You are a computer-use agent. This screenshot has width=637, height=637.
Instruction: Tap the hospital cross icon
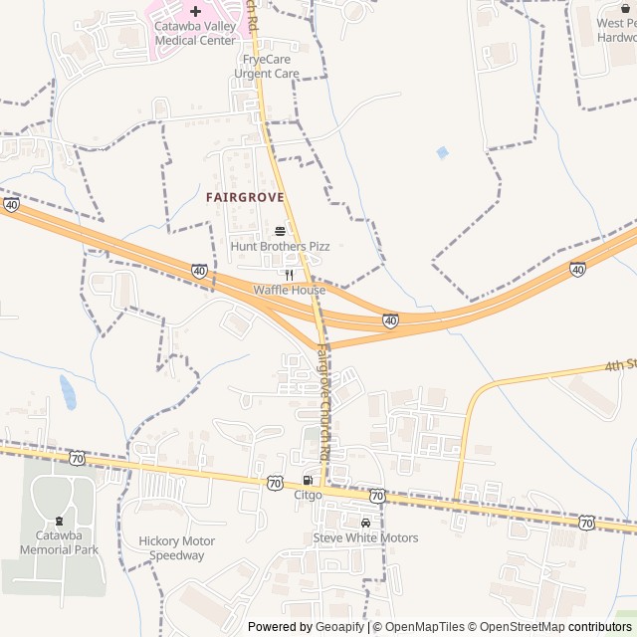pos(195,11)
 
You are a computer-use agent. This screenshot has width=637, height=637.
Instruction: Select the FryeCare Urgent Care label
pos(265,67)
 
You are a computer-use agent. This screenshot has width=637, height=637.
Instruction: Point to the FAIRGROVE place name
pos(245,198)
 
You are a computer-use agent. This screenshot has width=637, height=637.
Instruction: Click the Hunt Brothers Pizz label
pos(280,246)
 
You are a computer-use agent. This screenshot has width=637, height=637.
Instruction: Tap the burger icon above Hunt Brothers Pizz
pos(280,229)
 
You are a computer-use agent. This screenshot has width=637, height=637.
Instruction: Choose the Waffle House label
pos(289,290)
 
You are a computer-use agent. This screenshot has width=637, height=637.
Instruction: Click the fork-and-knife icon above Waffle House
pos(289,274)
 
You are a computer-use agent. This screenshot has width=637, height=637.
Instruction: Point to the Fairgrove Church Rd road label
pos(324,401)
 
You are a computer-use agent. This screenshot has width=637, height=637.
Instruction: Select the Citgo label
pos(308,495)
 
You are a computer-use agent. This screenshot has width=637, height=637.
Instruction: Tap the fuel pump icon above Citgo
pos(307,480)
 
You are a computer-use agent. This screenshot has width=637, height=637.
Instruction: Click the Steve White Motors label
pos(365,538)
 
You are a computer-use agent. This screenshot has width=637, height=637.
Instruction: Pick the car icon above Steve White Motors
pos(365,523)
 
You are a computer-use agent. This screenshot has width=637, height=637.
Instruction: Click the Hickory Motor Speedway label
pos(177,548)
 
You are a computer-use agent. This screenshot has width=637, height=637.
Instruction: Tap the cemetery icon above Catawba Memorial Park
pos(60,521)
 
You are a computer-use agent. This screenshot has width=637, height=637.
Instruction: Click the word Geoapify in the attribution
pos(340,627)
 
